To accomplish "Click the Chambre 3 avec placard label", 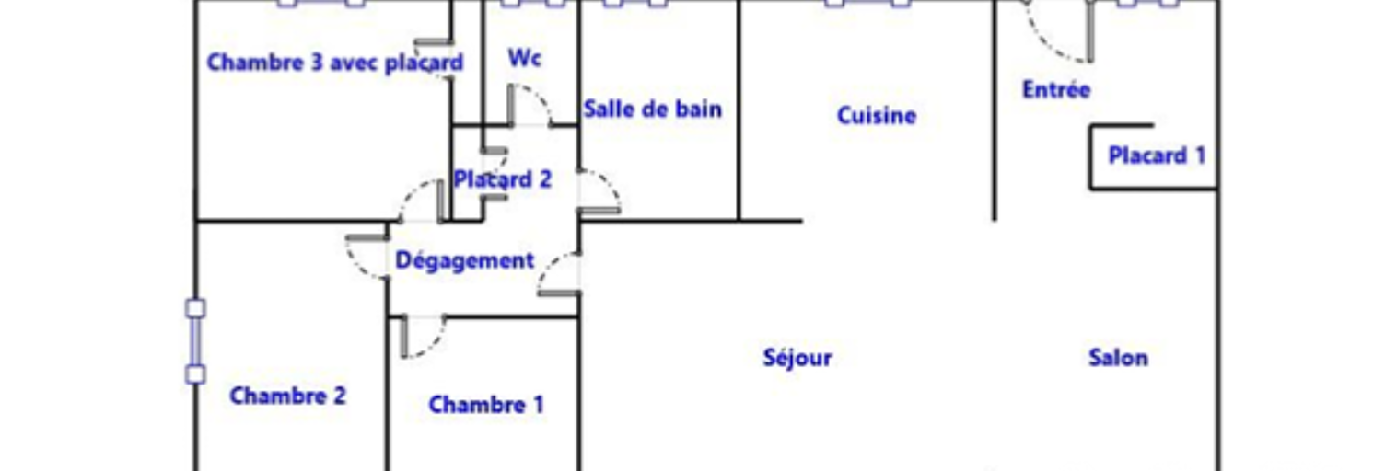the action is click(x=334, y=63).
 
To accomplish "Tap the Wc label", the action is click(x=525, y=58).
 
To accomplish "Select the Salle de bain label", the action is click(x=652, y=109).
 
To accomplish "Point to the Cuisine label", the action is click(x=876, y=115).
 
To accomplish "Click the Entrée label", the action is click(x=1056, y=89).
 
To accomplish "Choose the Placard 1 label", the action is click(x=1157, y=155).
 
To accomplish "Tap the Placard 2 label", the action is click(x=502, y=179).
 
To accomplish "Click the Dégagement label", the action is click(x=464, y=260).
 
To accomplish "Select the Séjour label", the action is click(x=797, y=358).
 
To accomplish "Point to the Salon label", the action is click(x=1118, y=358).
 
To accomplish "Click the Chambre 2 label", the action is click(x=287, y=396).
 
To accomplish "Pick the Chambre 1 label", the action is click(x=486, y=405).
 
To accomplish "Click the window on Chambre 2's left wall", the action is click(x=195, y=341).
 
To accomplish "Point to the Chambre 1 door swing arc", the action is click(x=434, y=346).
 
